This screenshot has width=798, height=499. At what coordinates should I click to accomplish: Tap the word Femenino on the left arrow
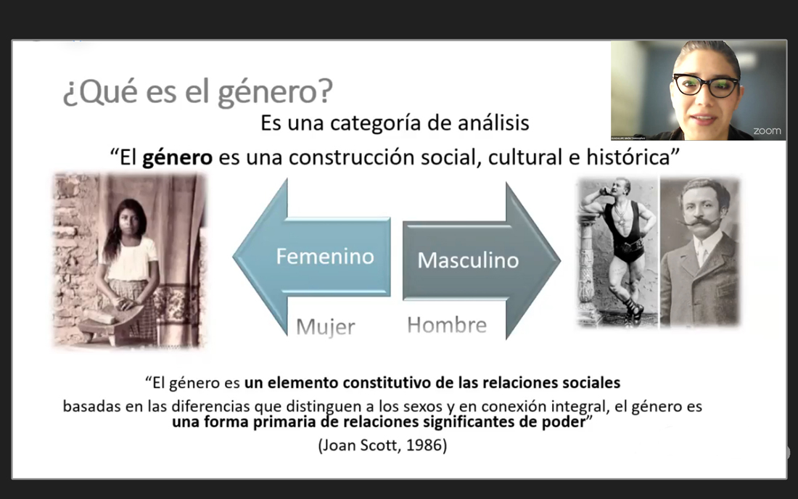(x=325, y=256)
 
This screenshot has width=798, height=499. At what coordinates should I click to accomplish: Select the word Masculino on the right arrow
(x=468, y=260)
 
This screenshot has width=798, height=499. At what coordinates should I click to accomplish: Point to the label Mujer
(x=325, y=326)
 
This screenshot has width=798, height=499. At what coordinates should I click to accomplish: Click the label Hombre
(x=447, y=325)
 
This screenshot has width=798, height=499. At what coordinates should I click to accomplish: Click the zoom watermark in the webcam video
(x=767, y=131)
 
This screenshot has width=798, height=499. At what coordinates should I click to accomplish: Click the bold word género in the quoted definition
(x=177, y=157)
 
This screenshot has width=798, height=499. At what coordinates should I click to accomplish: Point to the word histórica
(x=628, y=157)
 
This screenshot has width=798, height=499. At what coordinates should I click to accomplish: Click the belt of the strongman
(x=630, y=247)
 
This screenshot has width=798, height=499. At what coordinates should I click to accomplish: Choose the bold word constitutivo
(x=386, y=382)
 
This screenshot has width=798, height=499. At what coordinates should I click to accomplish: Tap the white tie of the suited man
(x=702, y=253)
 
